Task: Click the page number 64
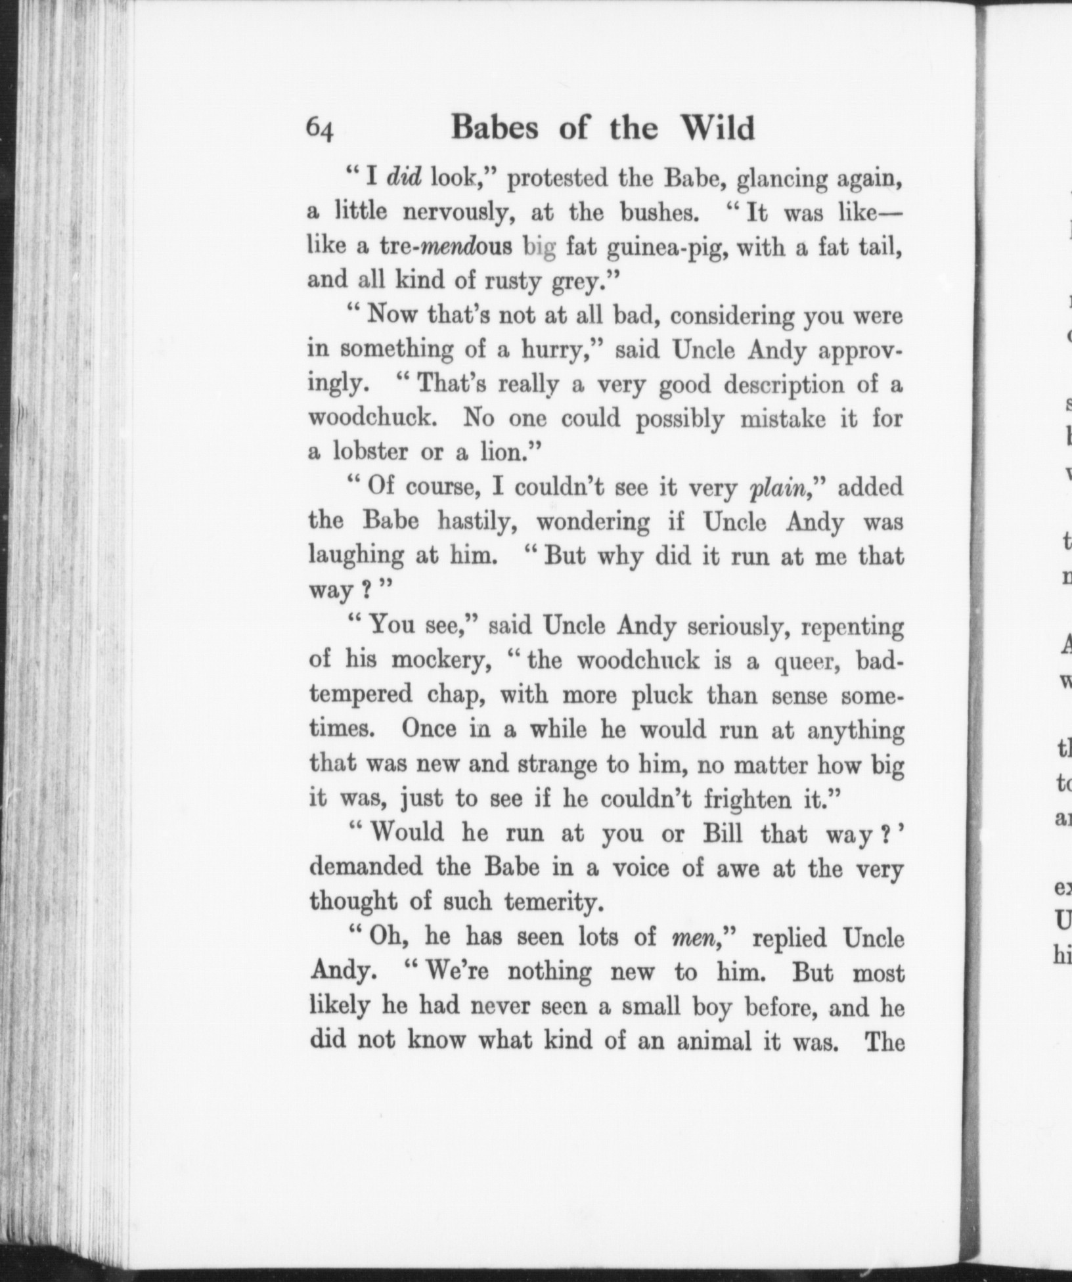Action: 321,129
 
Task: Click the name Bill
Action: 723,833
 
